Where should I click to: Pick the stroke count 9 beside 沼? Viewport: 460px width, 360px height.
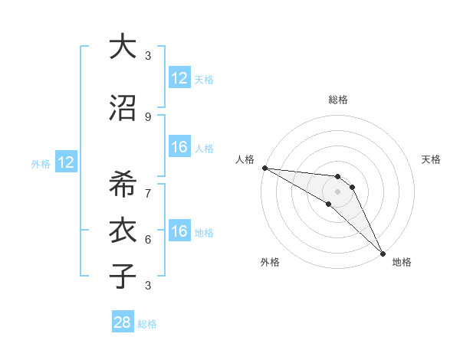147,116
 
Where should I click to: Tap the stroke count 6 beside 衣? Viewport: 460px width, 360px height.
147,239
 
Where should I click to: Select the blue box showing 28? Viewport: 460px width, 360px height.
123,322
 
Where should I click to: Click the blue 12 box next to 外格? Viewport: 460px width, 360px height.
65,162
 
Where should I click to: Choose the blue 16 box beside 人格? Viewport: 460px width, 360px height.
179,147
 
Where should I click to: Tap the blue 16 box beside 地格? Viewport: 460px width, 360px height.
179,231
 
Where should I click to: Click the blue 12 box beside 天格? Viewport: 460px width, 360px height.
179,78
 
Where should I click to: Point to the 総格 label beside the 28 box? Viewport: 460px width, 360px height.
147,324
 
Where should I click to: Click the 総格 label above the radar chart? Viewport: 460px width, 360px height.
338,100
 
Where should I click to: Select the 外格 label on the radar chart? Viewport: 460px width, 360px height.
270,262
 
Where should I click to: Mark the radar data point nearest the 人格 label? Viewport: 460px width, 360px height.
264,168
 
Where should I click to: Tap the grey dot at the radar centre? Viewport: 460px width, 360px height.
338,191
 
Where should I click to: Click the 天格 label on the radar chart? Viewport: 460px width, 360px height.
431,159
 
